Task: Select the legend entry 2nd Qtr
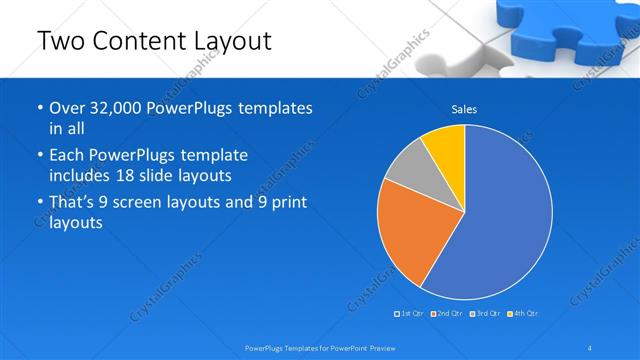pos(448,314)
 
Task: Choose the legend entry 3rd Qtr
pos(485,314)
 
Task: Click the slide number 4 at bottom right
pos(591,347)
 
